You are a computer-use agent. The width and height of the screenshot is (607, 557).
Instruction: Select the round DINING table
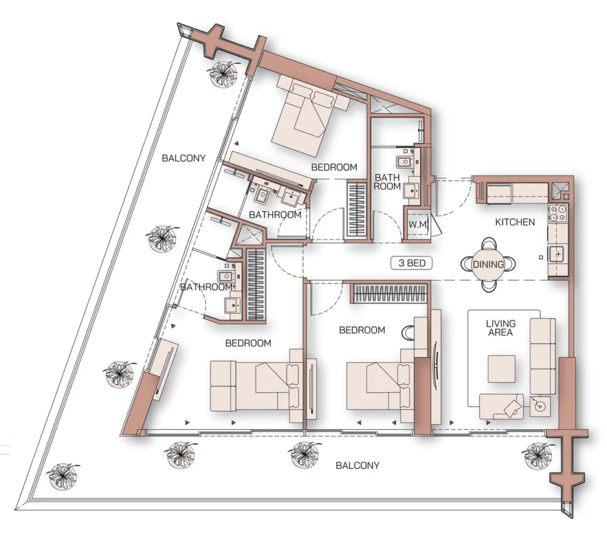coord(488,264)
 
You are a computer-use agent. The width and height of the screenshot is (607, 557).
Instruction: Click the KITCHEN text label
coord(515,222)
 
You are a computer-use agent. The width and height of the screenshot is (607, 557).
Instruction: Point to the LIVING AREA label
coord(500,328)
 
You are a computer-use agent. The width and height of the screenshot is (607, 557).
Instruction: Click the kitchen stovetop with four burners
coord(558,213)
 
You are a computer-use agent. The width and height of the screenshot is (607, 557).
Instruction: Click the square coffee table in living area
coord(501,369)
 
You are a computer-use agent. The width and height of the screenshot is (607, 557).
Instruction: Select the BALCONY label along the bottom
coord(357,465)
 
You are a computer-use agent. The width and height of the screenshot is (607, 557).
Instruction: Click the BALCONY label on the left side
coord(184,158)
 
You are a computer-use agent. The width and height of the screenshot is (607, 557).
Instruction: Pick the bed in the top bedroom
coord(309,113)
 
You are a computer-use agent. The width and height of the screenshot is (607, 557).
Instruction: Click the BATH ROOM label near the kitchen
coord(387,181)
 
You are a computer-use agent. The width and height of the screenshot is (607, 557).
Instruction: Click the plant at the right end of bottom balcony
coord(537,455)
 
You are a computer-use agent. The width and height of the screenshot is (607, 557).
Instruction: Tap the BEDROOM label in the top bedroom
coord(334,167)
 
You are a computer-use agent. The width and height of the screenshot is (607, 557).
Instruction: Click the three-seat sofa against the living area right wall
coord(542,356)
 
